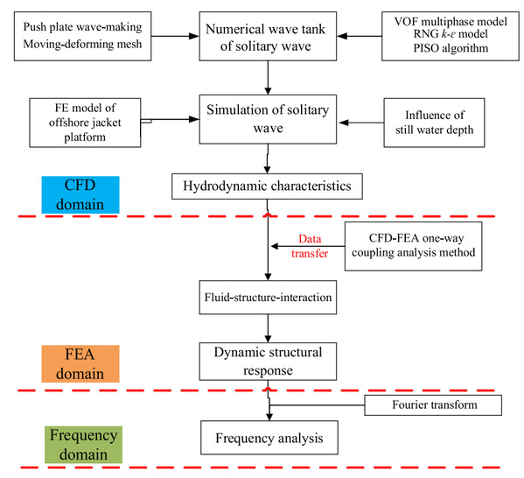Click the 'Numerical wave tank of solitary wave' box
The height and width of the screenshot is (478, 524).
click(x=268, y=36)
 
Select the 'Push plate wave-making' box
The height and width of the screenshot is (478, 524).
click(x=82, y=36)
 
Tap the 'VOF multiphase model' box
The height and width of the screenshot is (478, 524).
click(x=451, y=36)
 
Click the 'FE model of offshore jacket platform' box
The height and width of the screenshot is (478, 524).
click(x=85, y=123)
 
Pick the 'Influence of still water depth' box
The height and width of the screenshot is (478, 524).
click(x=434, y=123)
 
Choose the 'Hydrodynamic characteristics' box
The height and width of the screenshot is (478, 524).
click(x=267, y=186)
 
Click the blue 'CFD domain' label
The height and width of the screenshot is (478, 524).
click(x=80, y=194)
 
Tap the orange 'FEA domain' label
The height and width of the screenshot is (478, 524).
click(x=80, y=363)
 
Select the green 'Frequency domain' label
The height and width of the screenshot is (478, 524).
click(x=84, y=445)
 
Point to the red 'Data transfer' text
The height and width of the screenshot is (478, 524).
click(x=310, y=246)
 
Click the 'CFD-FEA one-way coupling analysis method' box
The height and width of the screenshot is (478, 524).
click(x=414, y=246)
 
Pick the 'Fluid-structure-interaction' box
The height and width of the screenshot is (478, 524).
click(x=268, y=298)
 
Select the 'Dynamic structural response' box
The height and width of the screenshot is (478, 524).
click(x=268, y=362)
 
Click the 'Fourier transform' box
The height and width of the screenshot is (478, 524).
click(x=433, y=405)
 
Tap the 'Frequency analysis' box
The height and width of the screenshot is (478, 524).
click(x=269, y=438)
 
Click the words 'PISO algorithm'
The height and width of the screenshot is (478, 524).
click(x=451, y=48)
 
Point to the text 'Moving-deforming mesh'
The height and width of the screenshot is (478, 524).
click(x=82, y=44)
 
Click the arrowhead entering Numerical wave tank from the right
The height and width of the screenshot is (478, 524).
click(x=342, y=36)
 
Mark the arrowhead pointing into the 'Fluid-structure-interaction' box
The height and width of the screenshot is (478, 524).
click(x=268, y=277)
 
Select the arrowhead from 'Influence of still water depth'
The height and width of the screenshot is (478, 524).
click(x=344, y=123)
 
